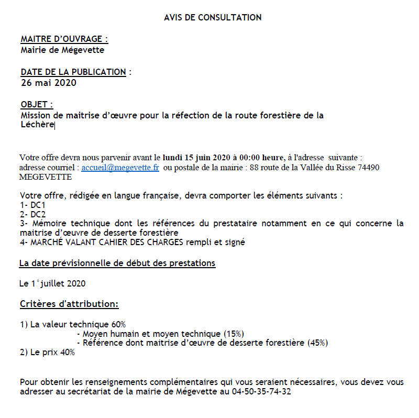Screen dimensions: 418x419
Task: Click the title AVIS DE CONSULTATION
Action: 213,17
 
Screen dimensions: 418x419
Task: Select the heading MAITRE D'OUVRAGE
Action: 64,39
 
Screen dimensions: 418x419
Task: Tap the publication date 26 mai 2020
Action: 49,83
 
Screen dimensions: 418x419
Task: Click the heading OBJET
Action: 37,105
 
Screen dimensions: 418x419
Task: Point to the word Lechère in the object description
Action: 37,125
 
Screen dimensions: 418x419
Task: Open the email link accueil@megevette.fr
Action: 120,167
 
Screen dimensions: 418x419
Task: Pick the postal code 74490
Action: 368,167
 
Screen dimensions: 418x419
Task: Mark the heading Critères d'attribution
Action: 69,304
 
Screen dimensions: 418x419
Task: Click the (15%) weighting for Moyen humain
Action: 234,334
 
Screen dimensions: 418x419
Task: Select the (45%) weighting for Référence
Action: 317,343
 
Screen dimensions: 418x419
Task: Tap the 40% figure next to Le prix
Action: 68,353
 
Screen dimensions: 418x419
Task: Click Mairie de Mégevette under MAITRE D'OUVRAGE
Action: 62,50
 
